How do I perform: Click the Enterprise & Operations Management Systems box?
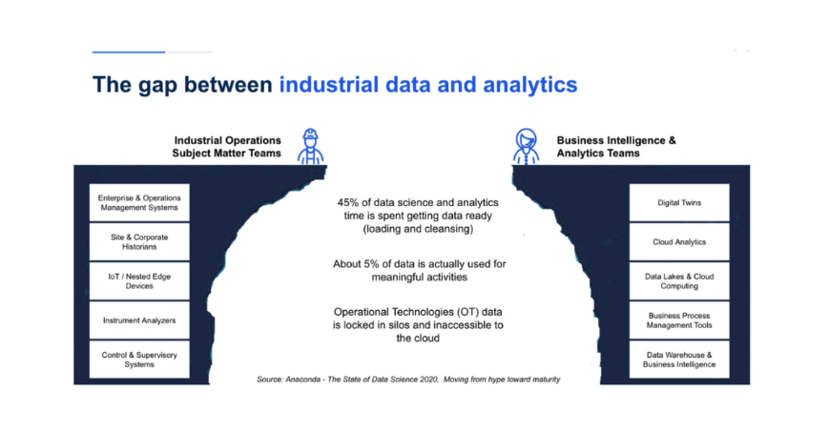tap(139, 202)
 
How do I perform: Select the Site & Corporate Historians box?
tap(139, 241)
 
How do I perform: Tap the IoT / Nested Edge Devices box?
tap(139, 280)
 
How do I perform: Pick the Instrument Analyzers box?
tap(139, 320)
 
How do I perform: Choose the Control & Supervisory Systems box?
tap(139, 360)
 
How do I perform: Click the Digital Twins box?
tap(679, 202)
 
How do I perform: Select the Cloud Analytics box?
tap(679, 241)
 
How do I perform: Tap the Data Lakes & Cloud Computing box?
tap(679, 280)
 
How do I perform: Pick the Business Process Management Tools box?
tap(679, 320)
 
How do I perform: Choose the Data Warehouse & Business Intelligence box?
tap(679, 360)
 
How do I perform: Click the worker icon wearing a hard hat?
tap(311, 147)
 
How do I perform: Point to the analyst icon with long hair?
tap(526, 147)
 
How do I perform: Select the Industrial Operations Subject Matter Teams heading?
tap(227, 147)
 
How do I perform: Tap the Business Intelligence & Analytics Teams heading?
tap(616, 147)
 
